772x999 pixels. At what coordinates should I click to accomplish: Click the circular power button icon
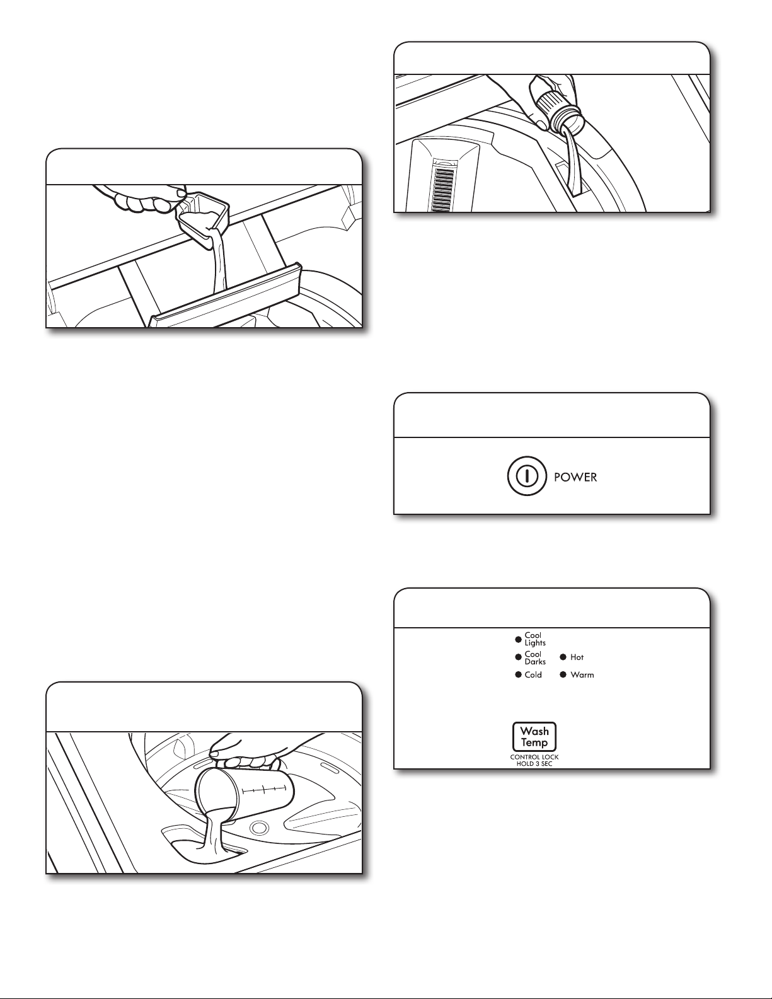click(x=527, y=476)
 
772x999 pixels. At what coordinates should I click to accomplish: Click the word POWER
click(x=575, y=477)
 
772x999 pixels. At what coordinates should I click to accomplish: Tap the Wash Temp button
click(x=534, y=737)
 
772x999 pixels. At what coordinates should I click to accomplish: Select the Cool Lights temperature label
click(x=535, y=639)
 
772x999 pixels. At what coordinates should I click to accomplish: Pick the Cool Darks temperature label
click(x=535, y=658)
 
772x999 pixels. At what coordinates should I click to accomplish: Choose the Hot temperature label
click(x=577, y=657)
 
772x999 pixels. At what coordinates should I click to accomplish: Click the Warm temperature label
click(x=582, y=675)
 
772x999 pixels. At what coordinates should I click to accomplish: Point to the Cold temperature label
click(x=533, y=675)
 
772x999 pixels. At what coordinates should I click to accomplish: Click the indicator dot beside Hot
click(x=563, y=657)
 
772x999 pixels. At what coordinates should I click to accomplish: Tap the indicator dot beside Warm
click(x=563, y=675)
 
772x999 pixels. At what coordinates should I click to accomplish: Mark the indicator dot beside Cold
click(x=518, y=675)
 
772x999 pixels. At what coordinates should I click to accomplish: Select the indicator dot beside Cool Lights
click(x=518, y=640)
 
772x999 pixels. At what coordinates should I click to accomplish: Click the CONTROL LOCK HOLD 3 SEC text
click(x=534, y=760)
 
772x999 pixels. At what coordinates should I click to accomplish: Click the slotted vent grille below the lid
click(x=444, y=189)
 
